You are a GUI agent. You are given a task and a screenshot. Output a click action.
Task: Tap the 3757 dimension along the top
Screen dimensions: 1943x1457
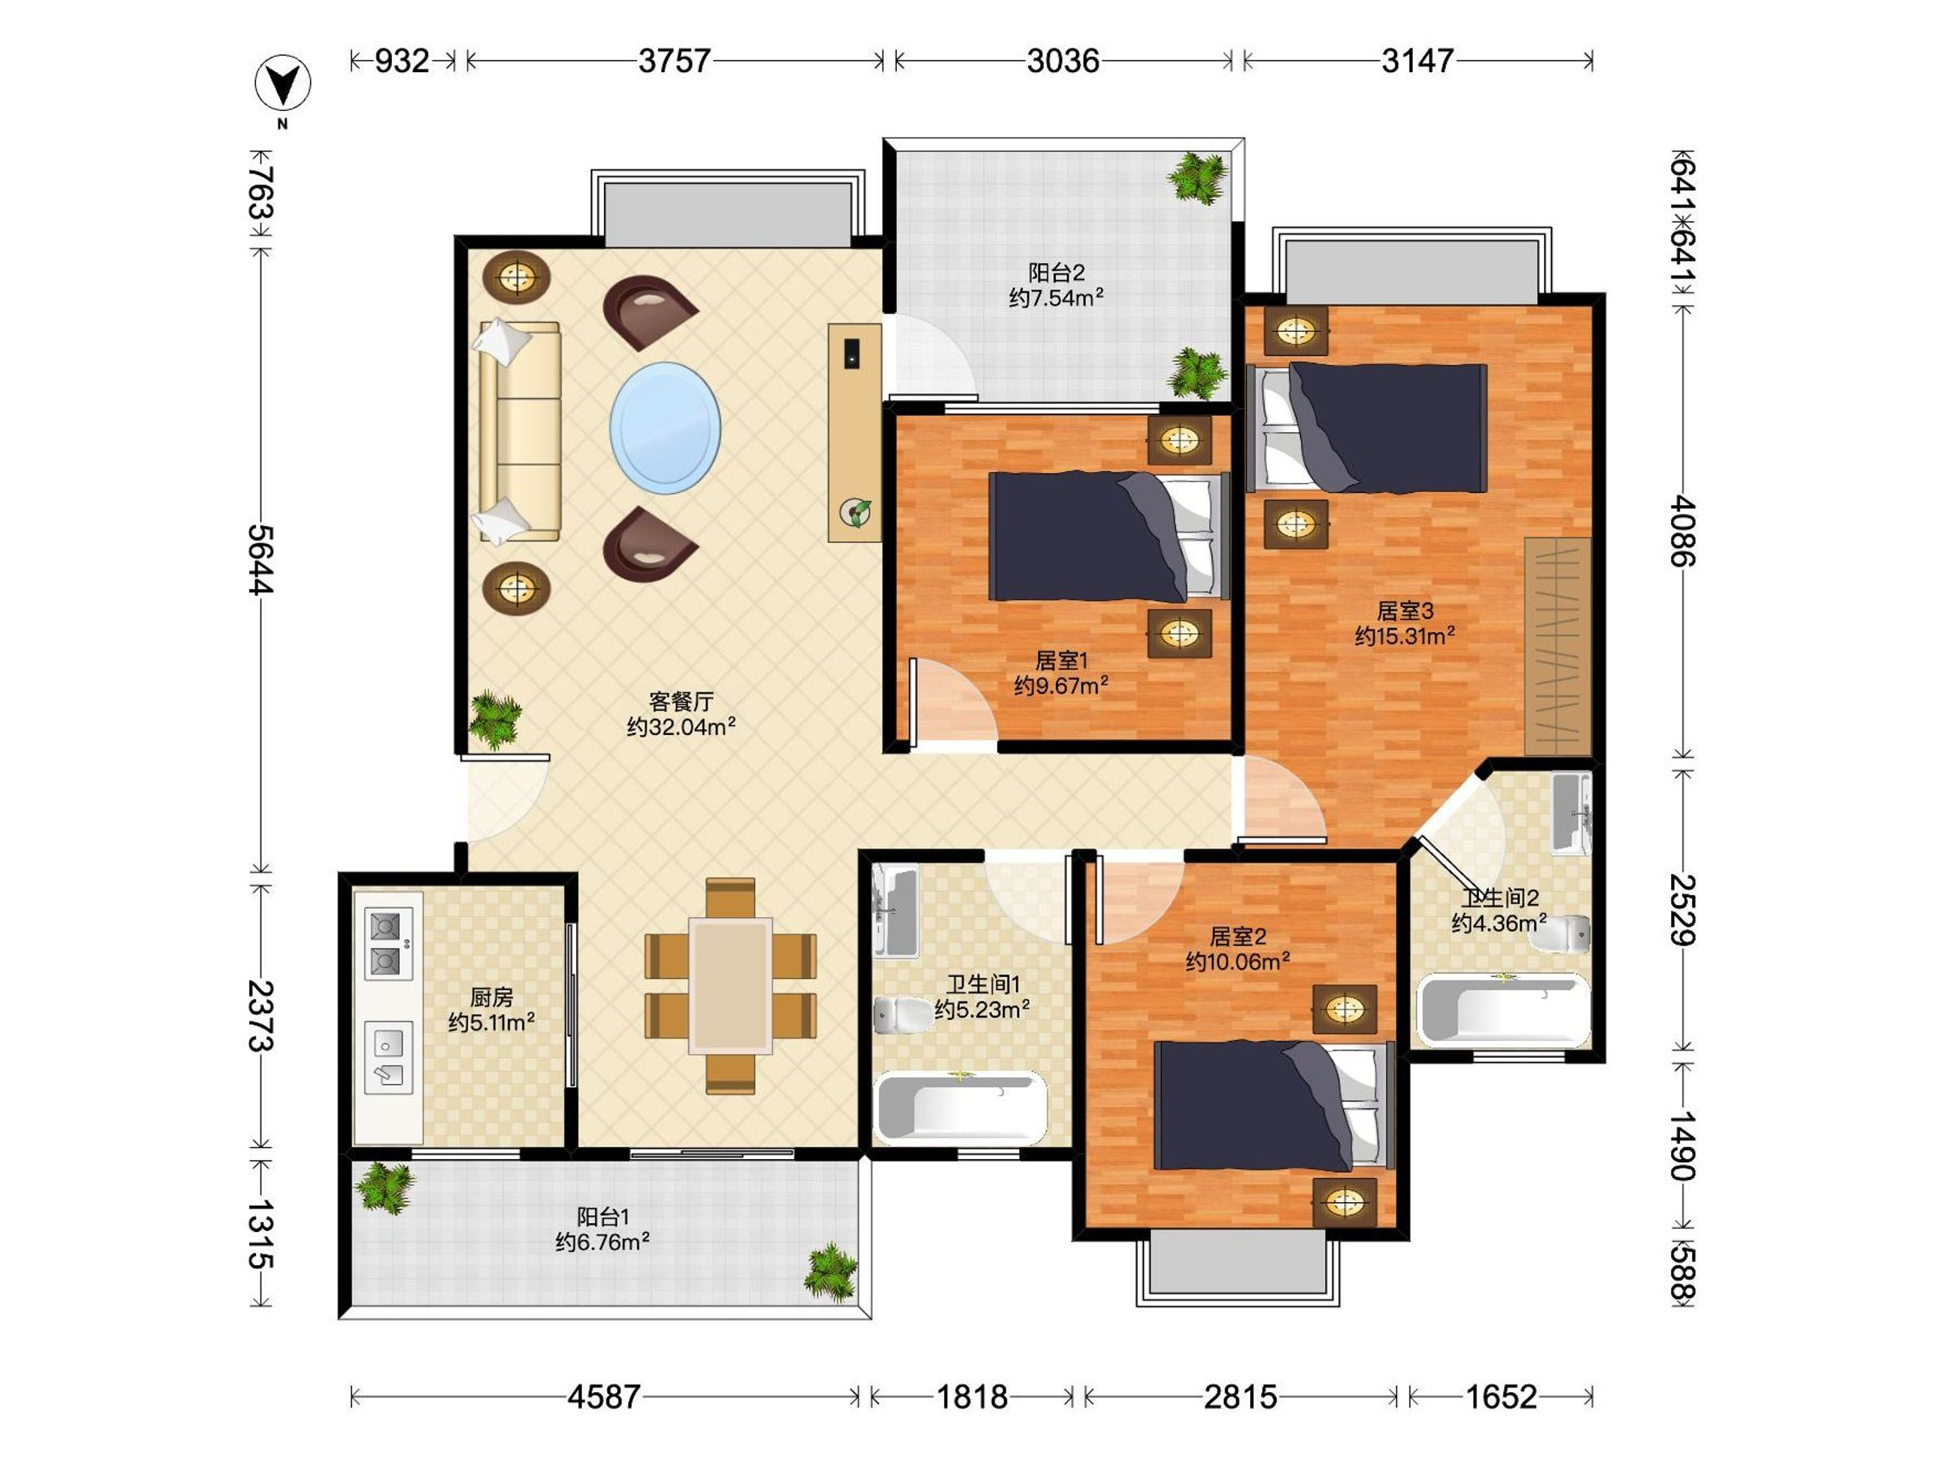674,61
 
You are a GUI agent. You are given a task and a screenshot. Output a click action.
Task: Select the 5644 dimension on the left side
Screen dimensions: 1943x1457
261,559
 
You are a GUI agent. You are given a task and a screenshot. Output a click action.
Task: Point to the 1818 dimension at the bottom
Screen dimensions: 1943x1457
972,1397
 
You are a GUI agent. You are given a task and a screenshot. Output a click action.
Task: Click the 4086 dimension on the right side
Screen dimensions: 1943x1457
1683,530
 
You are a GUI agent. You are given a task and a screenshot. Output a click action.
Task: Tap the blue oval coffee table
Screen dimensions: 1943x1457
665,427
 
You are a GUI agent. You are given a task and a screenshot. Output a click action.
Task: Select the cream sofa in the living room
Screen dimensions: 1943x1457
518,431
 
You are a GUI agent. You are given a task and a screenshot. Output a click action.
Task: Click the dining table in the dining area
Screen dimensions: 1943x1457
731,985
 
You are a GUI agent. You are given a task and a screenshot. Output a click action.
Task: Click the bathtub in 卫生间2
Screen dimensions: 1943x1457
1504,1010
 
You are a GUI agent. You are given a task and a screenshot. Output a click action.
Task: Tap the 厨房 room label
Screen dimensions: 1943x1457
492,996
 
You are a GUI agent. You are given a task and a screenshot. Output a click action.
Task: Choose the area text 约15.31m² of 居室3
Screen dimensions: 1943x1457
1405,635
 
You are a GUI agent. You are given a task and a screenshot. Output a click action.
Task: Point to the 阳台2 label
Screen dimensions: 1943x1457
1057,272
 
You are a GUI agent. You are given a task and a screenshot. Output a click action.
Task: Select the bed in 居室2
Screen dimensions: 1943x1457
1274,1106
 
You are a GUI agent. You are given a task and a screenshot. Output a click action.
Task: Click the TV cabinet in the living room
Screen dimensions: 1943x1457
855,432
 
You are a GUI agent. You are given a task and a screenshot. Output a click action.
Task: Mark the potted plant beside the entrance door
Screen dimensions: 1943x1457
495,720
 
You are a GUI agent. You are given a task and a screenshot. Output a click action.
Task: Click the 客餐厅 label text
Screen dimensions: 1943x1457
681,701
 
